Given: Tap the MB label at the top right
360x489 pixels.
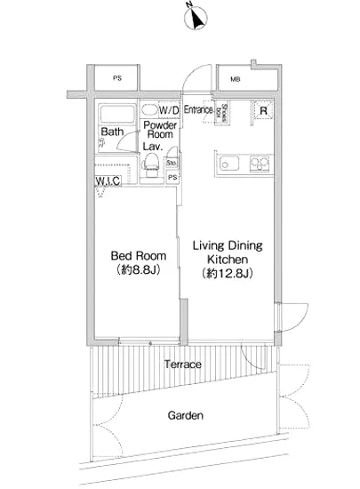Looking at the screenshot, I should [235, 79].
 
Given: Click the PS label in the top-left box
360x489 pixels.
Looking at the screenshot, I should [117, 79].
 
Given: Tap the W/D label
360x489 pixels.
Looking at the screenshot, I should [170, 109].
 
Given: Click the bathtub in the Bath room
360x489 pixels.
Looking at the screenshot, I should [116, 114].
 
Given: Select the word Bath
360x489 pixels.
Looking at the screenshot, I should [111, 132].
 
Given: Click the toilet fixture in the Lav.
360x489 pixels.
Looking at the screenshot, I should [151, 163].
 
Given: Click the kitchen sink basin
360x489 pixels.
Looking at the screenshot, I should [226, 163].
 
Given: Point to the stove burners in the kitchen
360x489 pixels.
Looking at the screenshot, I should [259, 163].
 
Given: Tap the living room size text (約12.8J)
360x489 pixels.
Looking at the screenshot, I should [228, 273].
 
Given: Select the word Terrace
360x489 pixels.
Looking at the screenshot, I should [182, 365].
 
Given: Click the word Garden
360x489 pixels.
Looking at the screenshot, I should [186, 415].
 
